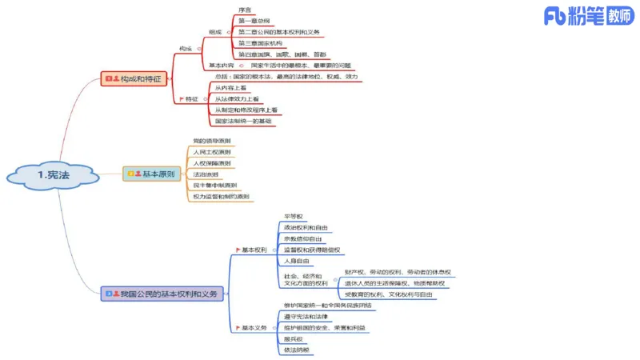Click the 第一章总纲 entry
254,20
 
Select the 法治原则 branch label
206,174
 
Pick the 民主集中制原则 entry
215,185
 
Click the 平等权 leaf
293,216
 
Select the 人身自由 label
296,261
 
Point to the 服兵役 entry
293,338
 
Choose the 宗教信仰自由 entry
303,238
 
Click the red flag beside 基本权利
235,250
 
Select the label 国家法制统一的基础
243,121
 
